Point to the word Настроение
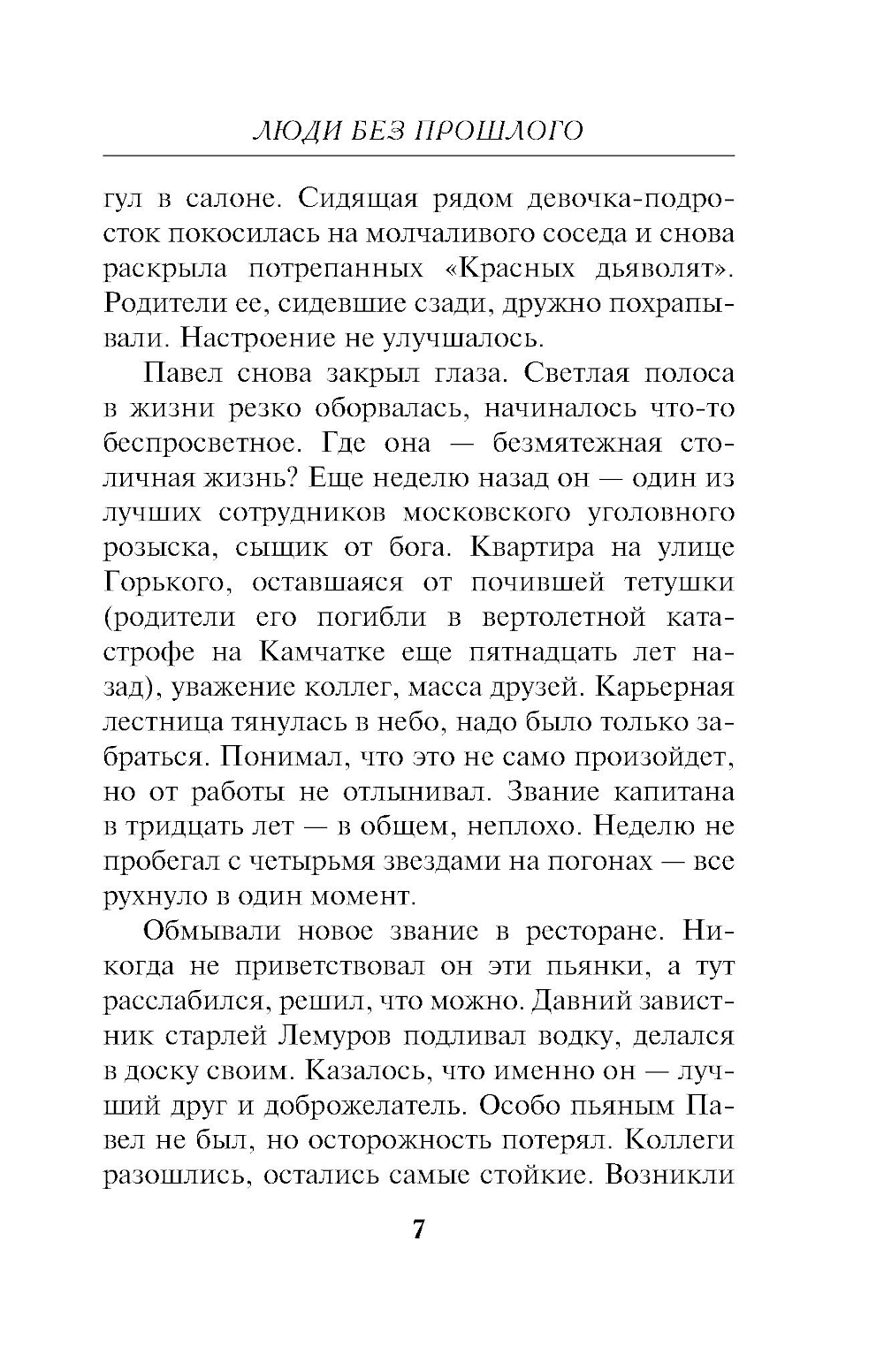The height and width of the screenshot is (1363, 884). point(263,338)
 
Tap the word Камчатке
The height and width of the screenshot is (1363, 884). point(323,651)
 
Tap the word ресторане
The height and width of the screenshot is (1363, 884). point(592,931)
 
